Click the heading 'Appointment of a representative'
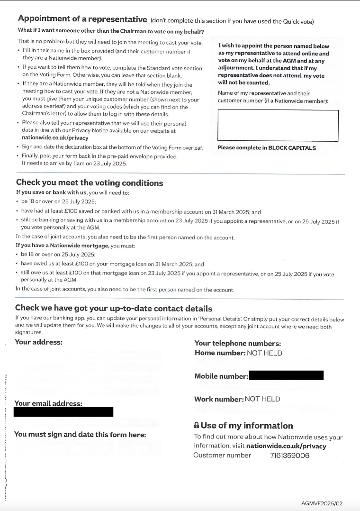click(x=82, y=19)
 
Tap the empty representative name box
click(x=278, y=125)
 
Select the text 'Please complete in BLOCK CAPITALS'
click(x=266, y=148)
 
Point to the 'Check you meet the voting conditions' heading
click(x=90, y=183)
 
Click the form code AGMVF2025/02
click(x=322, y=503)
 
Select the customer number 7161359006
click(x=289, y=456)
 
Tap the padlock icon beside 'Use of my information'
click(x=197, y=426)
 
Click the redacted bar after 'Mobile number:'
click(x=286, y=375)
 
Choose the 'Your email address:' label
click(x=48, y=403)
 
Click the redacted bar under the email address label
click(x=63, y=412)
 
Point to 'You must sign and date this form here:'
click(x=80, y=434)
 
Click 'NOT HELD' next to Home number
click(x=264, y=353)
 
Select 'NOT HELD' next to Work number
click(x=262, y=399)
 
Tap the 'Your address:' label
click(x=38, y=342)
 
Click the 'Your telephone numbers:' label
click(x=237, y=344)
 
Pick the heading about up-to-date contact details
click(x=114, y=308)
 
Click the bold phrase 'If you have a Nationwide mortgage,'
click(x=62, y=246)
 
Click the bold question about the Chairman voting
click(x=111, y=31)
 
